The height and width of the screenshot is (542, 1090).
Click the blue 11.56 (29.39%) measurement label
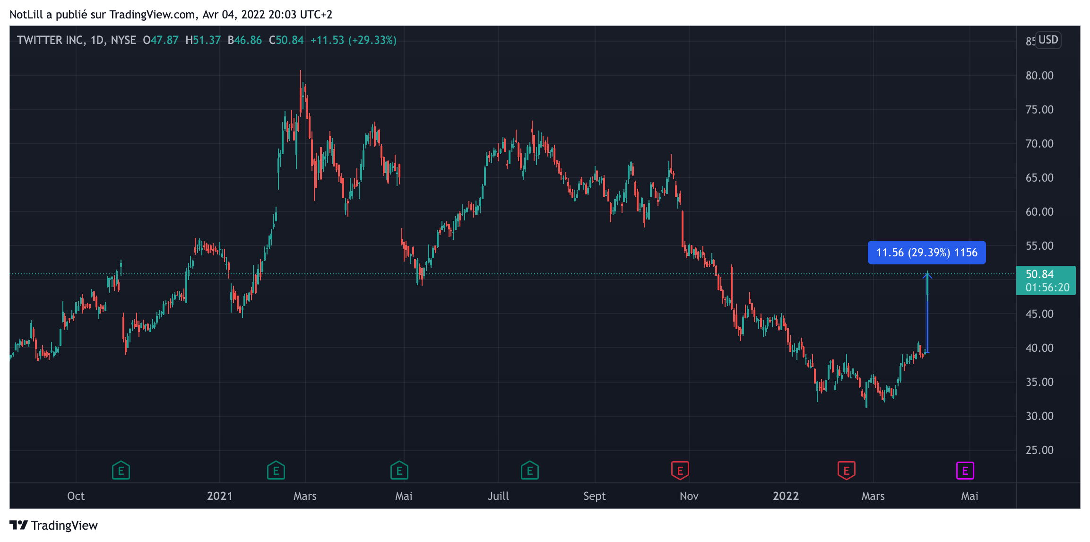coord(926,253)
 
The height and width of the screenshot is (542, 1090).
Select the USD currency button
coord(1048,40)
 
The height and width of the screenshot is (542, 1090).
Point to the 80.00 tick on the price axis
coord(1039,76)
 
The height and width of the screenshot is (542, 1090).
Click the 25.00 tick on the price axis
coord(1039,450)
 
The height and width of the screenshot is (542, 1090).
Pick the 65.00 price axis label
coord(1039,178)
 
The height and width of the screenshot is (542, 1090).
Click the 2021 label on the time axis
coord(220,496)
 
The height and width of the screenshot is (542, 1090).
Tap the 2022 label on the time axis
coord(786,496)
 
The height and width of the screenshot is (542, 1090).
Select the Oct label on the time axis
coord(76,496)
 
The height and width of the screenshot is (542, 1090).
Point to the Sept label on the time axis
coord(594,496)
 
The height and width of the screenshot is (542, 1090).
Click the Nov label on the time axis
coord(689,496)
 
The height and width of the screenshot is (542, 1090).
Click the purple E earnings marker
coord(965,471)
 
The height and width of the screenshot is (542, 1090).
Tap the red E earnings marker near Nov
coord(680,471)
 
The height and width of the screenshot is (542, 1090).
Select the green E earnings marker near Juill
coord(529,471)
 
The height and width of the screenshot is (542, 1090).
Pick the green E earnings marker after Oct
coord(121,471)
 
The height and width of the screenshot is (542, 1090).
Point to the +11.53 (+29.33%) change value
coord(353,40)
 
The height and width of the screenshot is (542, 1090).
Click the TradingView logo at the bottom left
coord(53,525)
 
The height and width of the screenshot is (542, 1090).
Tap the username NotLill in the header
coord(26,15)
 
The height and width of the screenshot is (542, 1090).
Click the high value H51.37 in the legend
coord(203,40)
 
